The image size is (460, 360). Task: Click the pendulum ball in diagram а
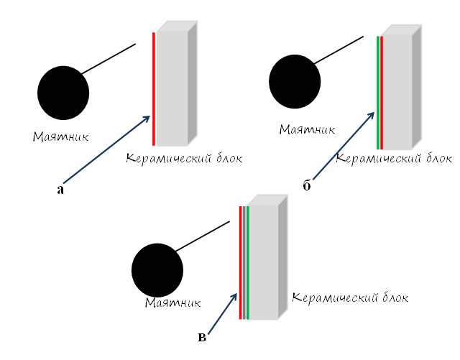coord(63,93)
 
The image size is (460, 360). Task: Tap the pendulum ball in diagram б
coord(295,81)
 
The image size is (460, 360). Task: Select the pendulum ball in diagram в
coord(157,270)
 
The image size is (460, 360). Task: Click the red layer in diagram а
coord(154,89)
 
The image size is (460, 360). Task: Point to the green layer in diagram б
coord(378,93)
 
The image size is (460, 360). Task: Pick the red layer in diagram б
coord(382,93)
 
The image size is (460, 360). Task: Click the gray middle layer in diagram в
coord(244,262)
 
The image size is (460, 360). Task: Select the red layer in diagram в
coord(241,262)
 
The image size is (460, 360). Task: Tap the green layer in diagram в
coord(248,262)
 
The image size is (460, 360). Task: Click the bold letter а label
coord(60,190)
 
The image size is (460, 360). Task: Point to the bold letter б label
coord(307,185)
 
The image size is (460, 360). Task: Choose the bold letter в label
coord(202,338)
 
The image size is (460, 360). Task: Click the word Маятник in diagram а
coord(60,137)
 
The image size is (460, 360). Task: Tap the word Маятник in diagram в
coord(172,303)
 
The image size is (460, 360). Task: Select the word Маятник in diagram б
coord(307,129)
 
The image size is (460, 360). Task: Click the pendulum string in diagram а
coord(109,59)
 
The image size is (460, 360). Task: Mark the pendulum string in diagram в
coord(203,236)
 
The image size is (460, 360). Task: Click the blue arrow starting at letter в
coord(222,313)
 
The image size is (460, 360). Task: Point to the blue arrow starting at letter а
coord(107,149)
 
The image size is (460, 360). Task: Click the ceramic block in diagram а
coord(177,83)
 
